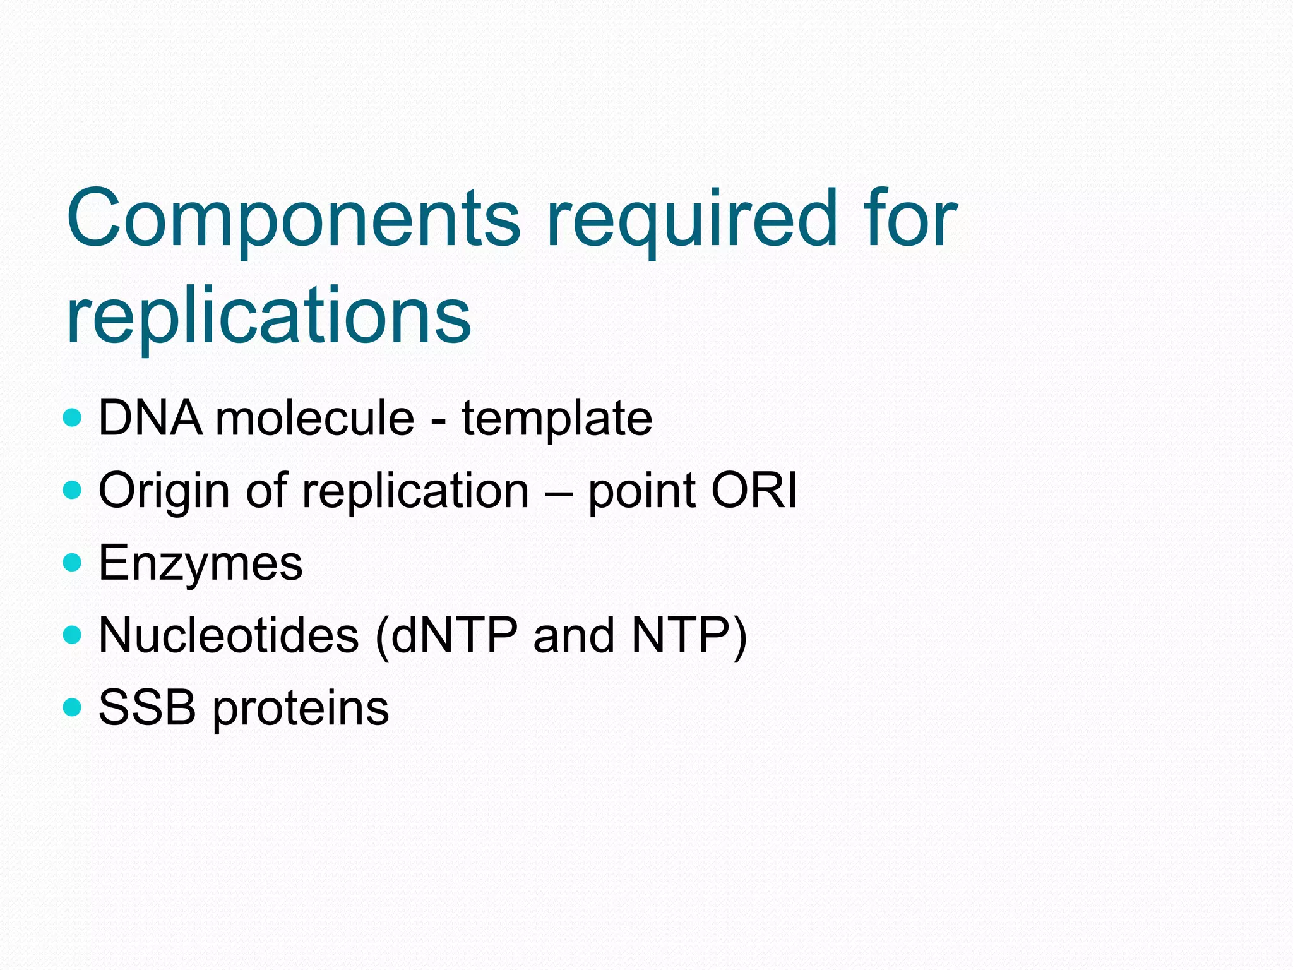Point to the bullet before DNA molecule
point(73,417)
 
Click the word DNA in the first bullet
point(151,418)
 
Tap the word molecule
point(315,418)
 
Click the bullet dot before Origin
point(73,489)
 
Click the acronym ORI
point(754,491)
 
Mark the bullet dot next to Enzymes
point(73,562)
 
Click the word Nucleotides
point(229,635)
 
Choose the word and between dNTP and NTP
point(574,635)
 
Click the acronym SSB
point(147,707)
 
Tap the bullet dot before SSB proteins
point(73,707)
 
